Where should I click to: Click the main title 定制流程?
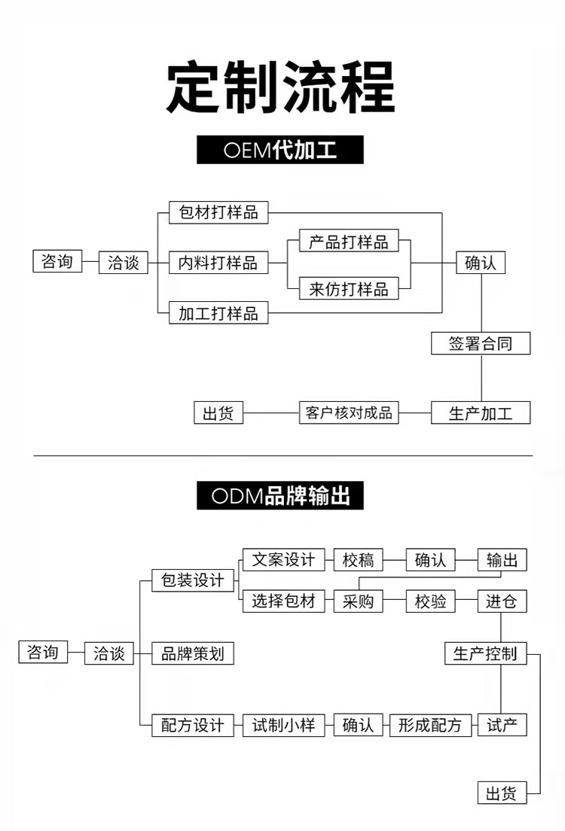click(x=280, y=89)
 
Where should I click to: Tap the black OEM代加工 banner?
click(x=280, y=150)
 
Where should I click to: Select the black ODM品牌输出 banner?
click(x=280, y=496)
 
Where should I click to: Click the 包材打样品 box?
click(x=218, y=212)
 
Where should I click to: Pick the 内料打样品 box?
click(x=218, y=262)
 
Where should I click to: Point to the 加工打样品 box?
click(x=218, y=312)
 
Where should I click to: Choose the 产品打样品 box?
click(x=349, y=241)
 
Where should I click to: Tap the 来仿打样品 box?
click(x=349, y=289)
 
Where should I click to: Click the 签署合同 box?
click(x=481, y=344)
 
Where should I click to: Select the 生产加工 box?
click(x=481, y=412)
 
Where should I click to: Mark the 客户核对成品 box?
click(x=349, y=412)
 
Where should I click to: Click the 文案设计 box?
click(x=283, y=560)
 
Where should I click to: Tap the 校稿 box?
click(x=359, y=560)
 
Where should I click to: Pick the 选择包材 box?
click(x=283, y=601)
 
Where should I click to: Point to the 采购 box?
click(x=359, y=601)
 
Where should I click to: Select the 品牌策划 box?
click(x=193, y=653)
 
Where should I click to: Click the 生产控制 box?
click(x=485, y=653)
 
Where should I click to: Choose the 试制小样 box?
click(x=283, y=725)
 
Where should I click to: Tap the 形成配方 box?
click(x=430, y=725)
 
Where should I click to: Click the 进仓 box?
click(x=502, y=601)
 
